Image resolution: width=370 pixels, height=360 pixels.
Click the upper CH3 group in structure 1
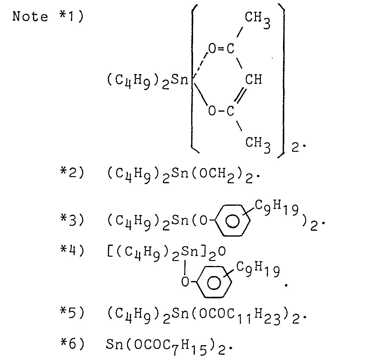[x=257, y=19]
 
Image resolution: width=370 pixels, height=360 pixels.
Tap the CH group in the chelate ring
[x=253, y=80]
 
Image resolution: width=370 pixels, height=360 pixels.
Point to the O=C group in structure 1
[x=221, y=48]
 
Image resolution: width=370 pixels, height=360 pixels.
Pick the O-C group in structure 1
[x=221, y=110]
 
